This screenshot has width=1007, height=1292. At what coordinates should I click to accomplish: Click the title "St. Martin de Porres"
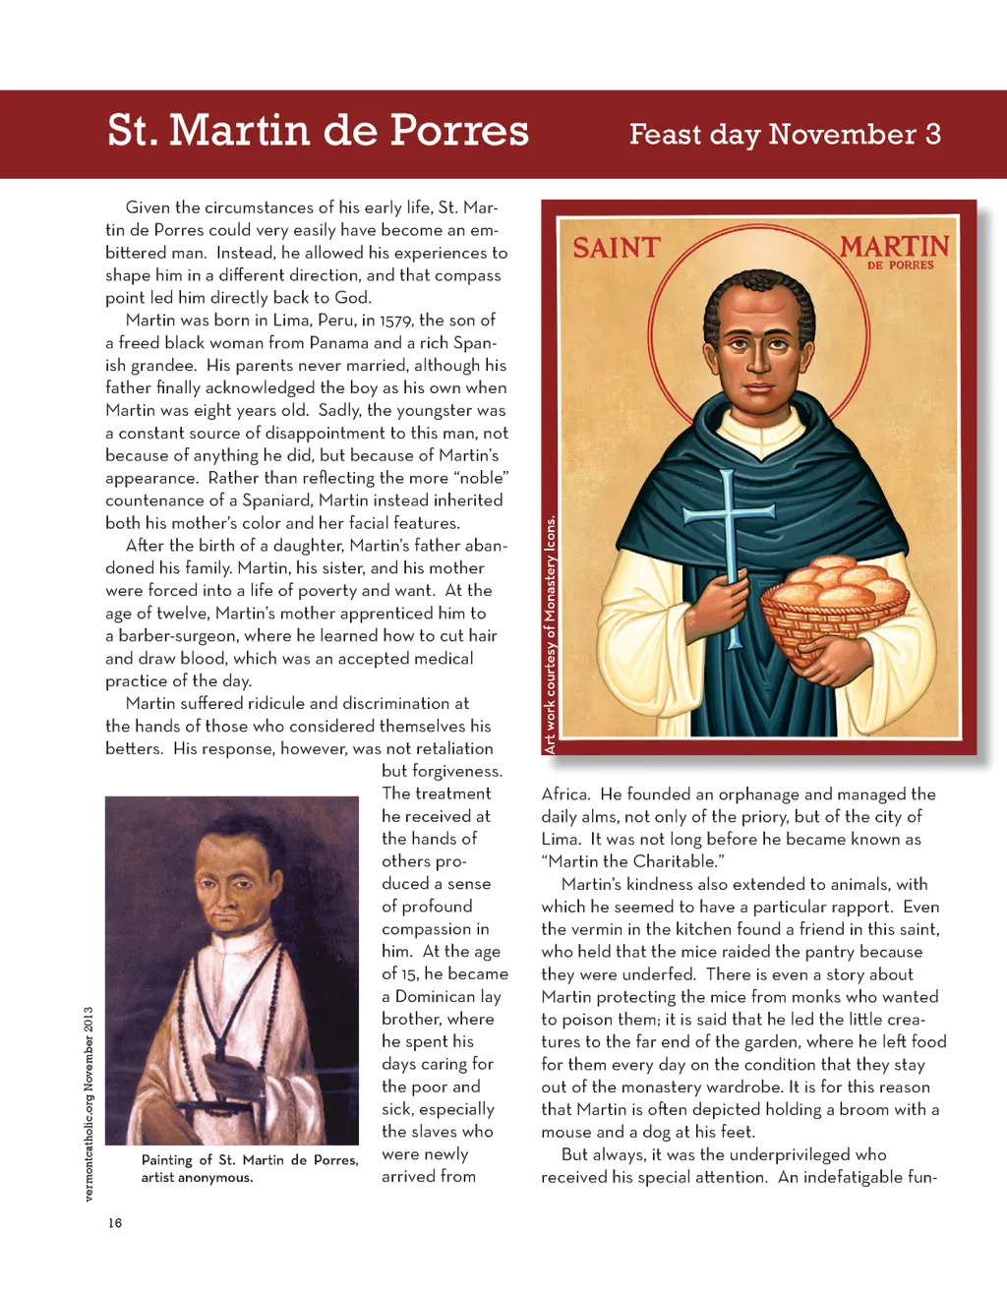[x=318, y=131]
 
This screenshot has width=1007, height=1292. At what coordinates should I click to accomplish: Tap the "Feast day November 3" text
[x=785, y=134]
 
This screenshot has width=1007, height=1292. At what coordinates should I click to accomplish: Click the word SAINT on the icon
[x=617, y=248]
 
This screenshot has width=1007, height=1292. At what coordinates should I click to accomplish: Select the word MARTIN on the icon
[x=894, y=246]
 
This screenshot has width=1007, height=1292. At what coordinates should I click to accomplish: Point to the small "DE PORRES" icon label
[x=900, y=265]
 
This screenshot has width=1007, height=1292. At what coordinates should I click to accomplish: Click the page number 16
[x=115, y=1223]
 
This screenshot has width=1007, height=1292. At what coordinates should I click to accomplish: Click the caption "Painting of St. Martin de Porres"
[x=250, y=1160]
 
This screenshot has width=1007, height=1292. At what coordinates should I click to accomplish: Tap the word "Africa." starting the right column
[x=565, y=793]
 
